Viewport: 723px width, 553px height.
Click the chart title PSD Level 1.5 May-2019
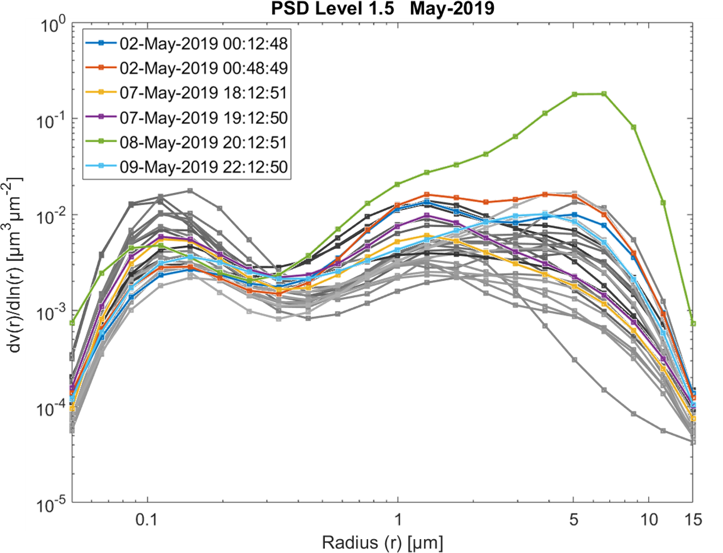pyautogui.click(x=382, y=9)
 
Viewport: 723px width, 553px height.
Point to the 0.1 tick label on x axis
pyautogui.click(x=146, y=520)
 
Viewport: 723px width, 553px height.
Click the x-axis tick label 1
pyautogui.click(x=398, y=520)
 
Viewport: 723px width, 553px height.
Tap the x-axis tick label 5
pyautogui.click(x=573, y=520)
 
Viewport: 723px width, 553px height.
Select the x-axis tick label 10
pyautogui.click(x=649, y=520)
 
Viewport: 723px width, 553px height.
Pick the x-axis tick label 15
pyautogui.click(x=693, y=520)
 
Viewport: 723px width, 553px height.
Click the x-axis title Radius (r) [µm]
pyautogui.click(x=382, y=543)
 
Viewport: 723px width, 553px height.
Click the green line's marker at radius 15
pyautogui.click(x=693, y=323)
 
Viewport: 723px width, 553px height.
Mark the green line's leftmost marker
pyautogui.click(x=72, y=323)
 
